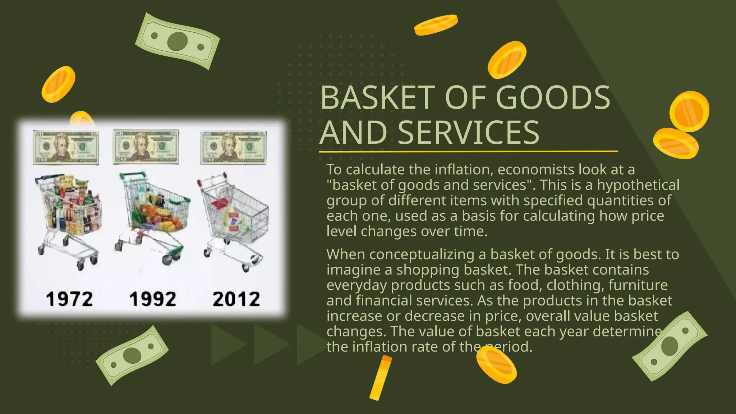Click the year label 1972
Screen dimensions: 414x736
click(x=69, y=299)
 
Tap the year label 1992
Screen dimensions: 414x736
click(x=153, y=299)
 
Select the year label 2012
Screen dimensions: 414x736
click(x=236, y=299)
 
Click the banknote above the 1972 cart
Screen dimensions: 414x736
click(x=66, y=147)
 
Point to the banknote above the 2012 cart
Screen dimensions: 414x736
click(x=233, y=147)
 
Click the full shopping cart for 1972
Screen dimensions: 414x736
click(x=68, y=219)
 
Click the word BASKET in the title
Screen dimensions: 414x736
click(x=378, y=98)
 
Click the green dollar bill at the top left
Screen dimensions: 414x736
click(x=178, y=41)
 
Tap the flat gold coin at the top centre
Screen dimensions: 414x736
click(x=436, y=24)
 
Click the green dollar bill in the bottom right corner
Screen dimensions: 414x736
click(x=670, y=346)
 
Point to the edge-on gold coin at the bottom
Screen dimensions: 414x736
click(x=381, y=377)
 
